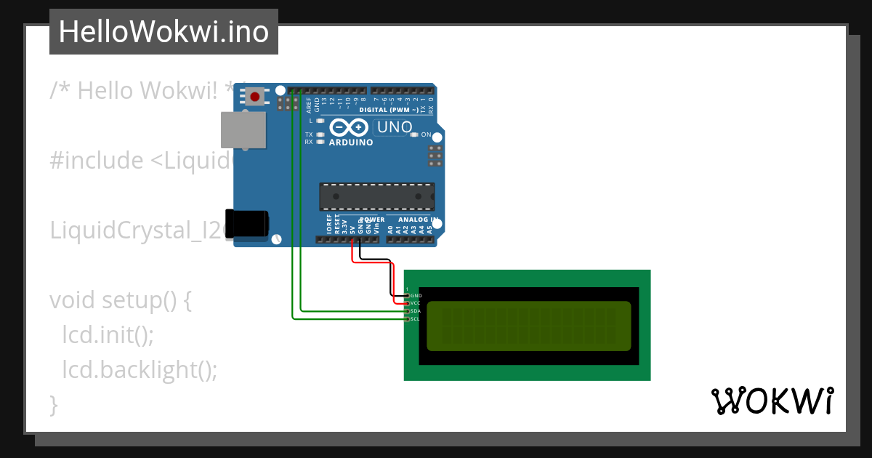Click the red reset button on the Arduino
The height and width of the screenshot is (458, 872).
[x=254, y=96]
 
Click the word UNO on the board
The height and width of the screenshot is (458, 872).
[x=395, y=128]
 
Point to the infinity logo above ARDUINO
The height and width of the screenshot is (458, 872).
[x=349, y=128]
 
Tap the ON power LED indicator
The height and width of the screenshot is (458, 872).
[x=414, y=135]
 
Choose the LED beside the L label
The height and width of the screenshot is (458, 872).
[x=320, y=120]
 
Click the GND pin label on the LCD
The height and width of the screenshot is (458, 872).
[x=416, y=296]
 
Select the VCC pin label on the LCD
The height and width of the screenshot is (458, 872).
[x=416, y=303]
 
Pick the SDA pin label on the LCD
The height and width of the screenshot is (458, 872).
[x=416, y=311]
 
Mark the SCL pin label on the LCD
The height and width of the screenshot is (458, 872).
[x=416, y=318]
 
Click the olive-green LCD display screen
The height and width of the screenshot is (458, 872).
[x=529, y=326]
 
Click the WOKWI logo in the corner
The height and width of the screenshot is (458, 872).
[x=772, y=401]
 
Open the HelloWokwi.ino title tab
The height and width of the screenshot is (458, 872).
[x=163, y=32]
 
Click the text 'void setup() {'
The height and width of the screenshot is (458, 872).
[x=120, y=300]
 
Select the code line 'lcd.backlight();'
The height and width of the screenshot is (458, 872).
[x=140, y=370]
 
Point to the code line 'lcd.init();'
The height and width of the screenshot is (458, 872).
[x=108, y=335]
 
